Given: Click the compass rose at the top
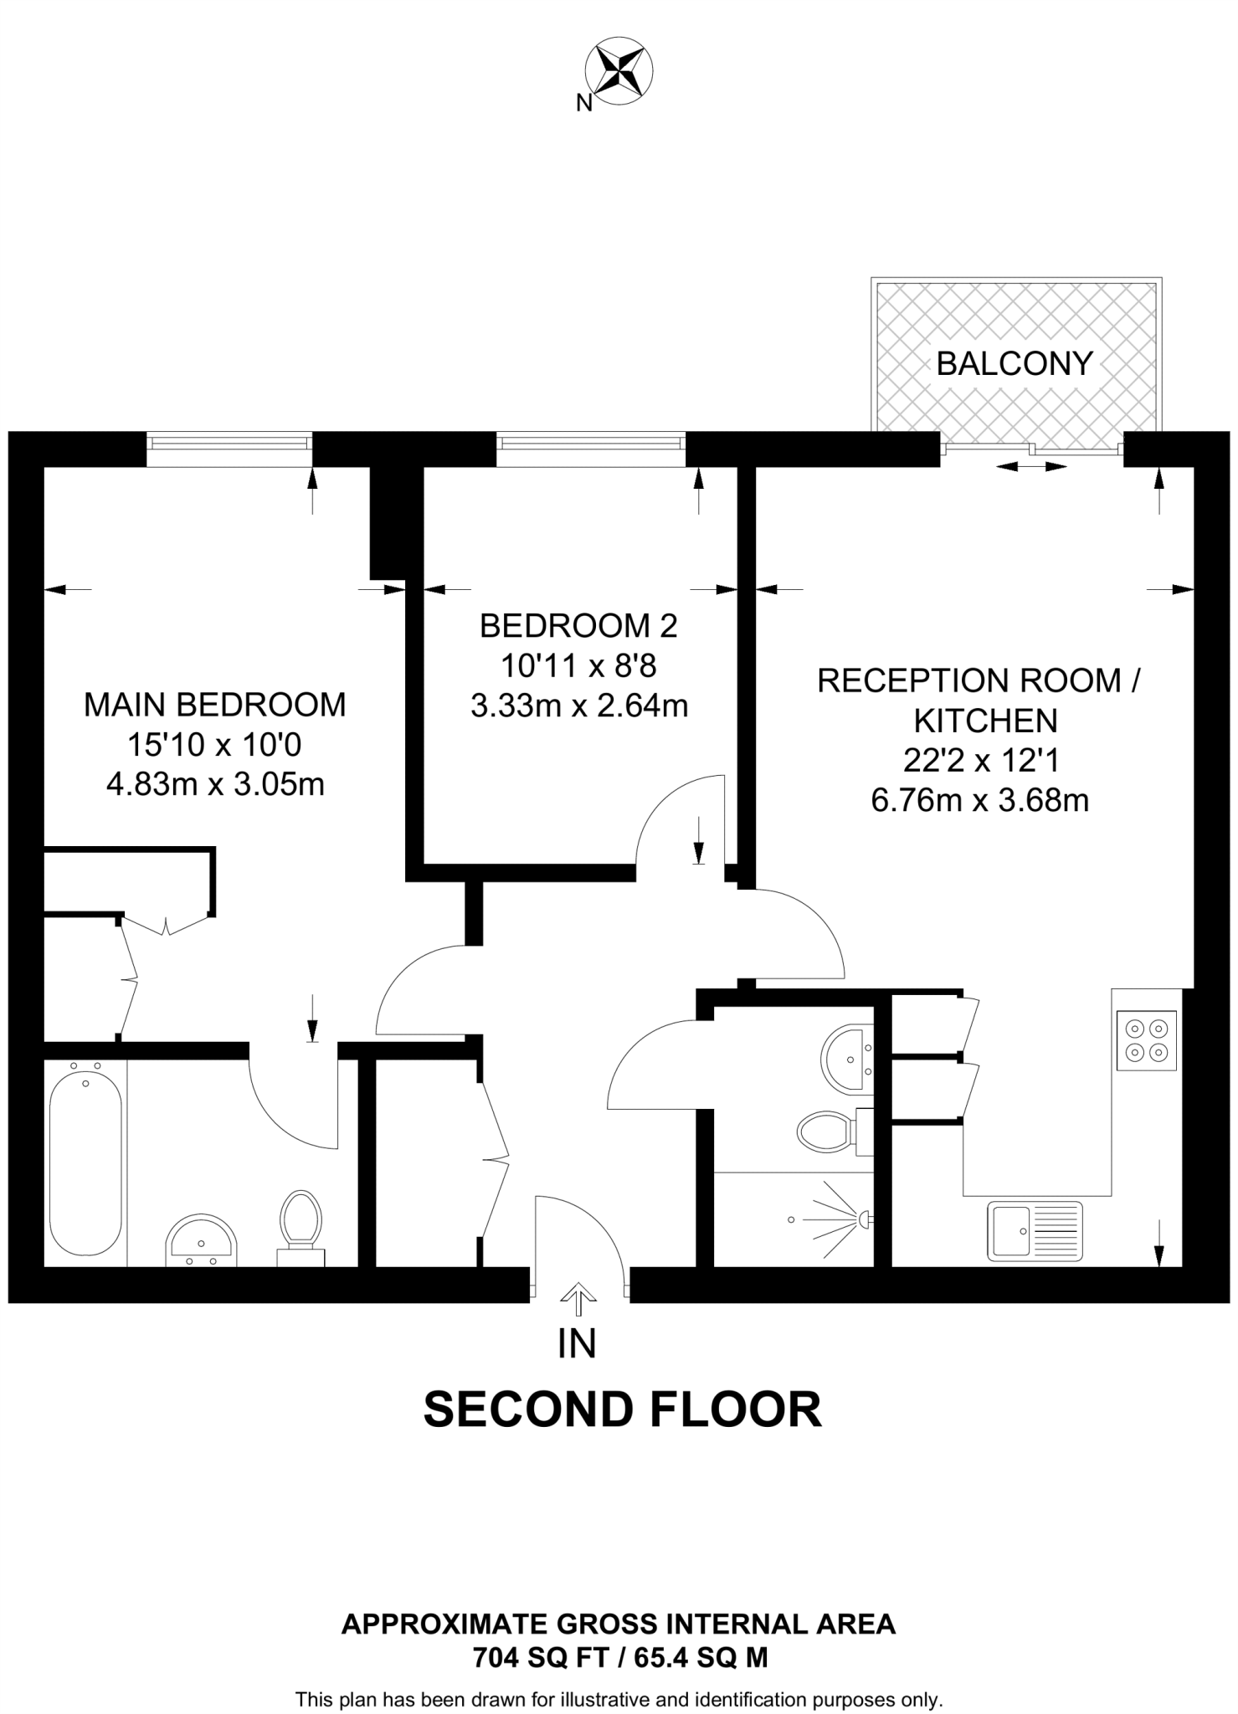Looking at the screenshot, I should [x=619, y=70].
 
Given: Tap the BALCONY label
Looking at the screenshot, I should [x=1015, y=363].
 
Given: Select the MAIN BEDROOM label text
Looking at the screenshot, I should [x=214, y=705].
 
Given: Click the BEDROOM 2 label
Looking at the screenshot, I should [x=578, y=625].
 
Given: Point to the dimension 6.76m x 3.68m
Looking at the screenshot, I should [x=979, y=801].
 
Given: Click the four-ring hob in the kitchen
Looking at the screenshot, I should [x=1146, y=1039].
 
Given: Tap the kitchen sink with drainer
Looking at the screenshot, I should [x=1035, y=1230].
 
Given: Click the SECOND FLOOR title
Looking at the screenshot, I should [x=622, y=1409].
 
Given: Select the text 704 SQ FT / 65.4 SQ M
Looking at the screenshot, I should [x=619, y=1657].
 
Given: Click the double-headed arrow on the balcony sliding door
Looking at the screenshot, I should [x=1030, y=466].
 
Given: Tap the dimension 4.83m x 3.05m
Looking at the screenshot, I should [x=215, y=784].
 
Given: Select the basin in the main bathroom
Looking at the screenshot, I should [x=201, y=1239].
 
